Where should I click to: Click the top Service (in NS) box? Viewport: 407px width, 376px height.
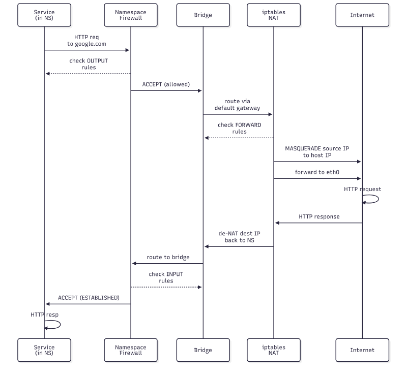44,15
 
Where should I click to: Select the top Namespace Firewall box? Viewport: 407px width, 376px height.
131,15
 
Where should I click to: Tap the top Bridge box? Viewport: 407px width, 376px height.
203,15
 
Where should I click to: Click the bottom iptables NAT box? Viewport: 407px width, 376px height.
274,350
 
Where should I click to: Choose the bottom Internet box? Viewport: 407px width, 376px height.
362,350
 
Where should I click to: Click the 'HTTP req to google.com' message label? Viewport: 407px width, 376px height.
88,41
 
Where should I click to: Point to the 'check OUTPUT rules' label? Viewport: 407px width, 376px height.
89,64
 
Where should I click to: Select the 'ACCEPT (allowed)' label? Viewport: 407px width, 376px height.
166,84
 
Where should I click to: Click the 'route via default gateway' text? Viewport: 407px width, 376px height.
237,105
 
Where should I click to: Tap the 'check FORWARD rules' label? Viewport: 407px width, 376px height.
239,128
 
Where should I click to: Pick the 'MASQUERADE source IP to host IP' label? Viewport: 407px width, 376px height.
317,151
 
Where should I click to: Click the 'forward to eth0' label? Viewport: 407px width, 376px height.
317,172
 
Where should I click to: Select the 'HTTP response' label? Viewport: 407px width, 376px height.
319,216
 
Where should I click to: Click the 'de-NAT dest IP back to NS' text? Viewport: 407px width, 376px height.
239,236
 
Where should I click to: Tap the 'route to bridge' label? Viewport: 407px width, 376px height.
168,257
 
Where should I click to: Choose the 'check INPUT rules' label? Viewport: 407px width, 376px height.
166,277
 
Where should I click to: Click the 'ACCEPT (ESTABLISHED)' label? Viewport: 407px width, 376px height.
89,298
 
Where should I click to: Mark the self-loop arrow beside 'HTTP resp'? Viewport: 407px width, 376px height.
54,324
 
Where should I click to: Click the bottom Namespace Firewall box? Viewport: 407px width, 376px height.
131,350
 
